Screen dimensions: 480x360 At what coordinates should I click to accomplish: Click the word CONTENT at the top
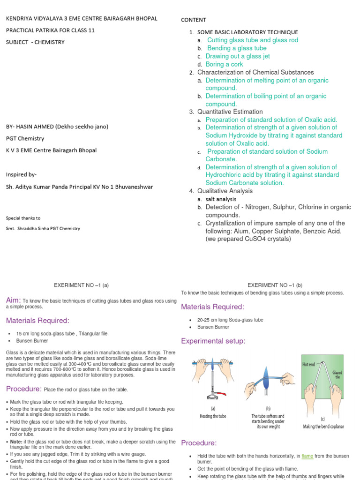tap(194, 20)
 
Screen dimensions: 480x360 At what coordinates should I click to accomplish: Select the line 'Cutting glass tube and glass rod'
tap(253, 40)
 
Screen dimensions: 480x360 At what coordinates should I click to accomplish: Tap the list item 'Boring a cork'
tap(224, 64)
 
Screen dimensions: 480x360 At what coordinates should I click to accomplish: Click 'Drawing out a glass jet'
tap(238, 56)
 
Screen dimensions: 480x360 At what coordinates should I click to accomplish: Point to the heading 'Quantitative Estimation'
tap(230, 112)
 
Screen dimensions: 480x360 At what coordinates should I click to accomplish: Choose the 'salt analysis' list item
tap(221, 199)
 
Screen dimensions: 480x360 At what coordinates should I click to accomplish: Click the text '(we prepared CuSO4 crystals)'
tap(248, 239)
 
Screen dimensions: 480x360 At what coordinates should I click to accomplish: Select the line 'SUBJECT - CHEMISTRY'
tap(35, 42)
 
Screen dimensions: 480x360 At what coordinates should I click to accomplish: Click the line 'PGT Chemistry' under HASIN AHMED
tap(25, 138)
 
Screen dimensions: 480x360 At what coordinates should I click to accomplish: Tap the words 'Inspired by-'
tap(21, 174)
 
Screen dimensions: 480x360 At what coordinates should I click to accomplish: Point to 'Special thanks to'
tap(23, 218)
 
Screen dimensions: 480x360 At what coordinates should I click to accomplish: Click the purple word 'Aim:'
tap(14, 300)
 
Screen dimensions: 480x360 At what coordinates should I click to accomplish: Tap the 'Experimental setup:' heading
tap(211, 341)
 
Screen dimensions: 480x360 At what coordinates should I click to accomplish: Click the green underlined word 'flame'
tap(307, 456)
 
